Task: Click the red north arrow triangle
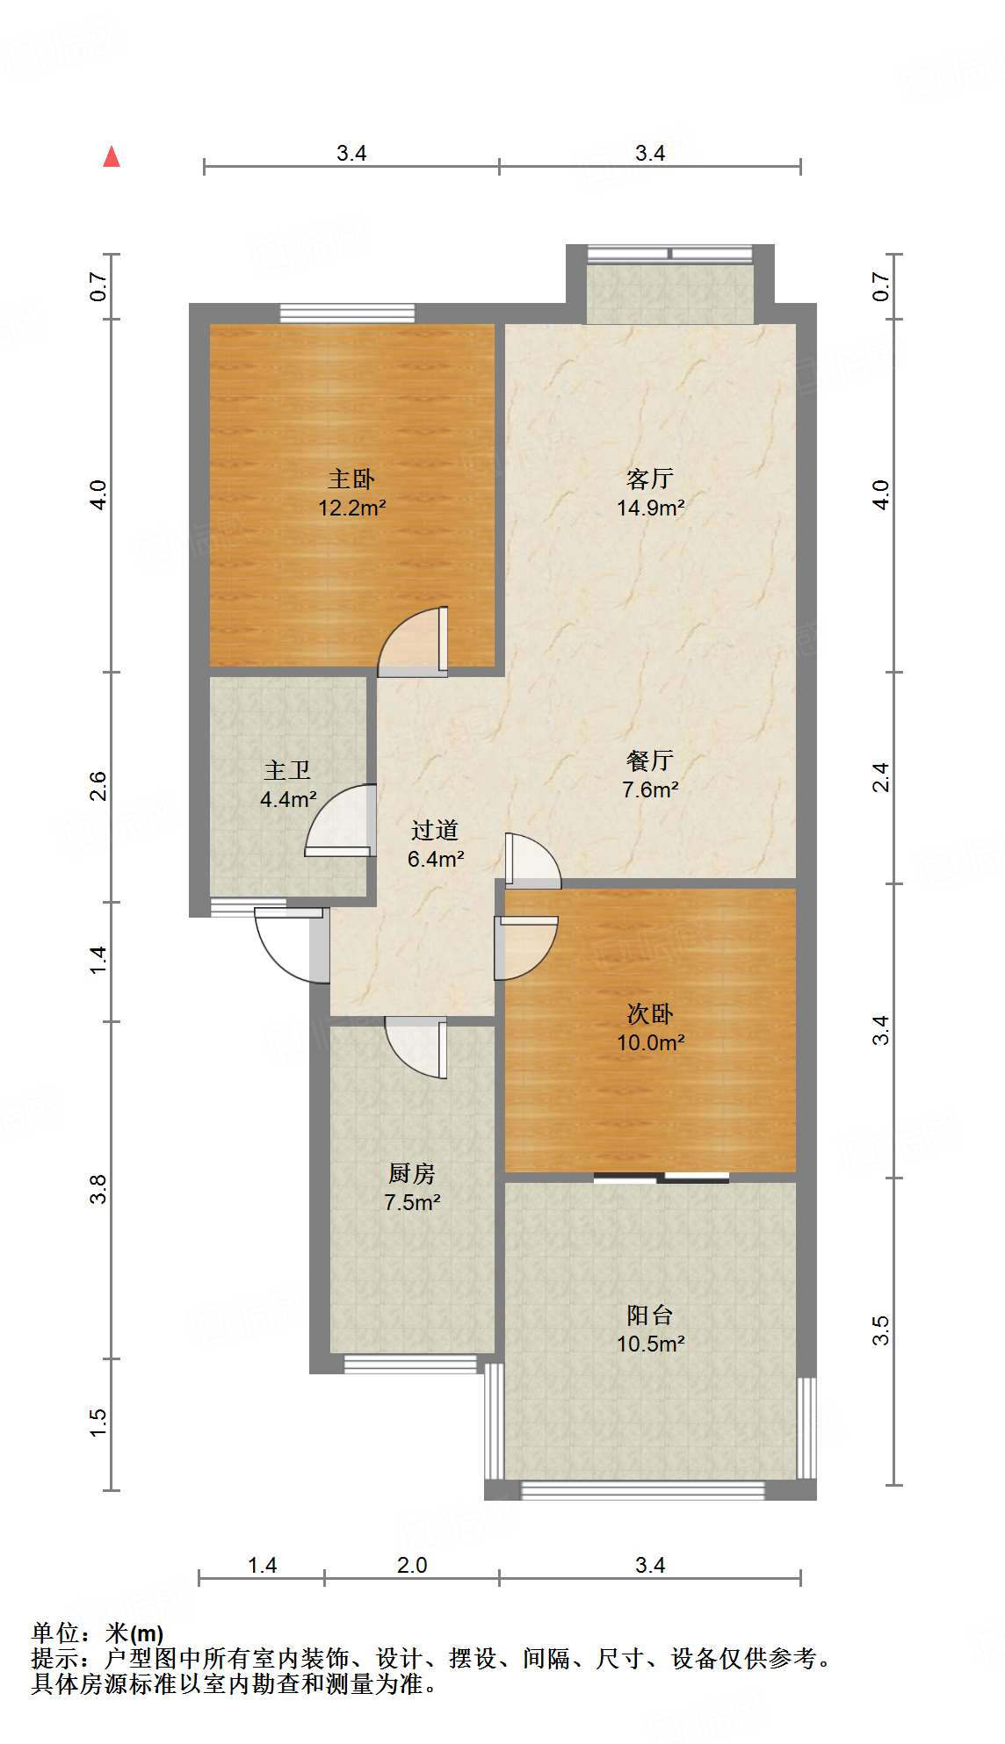point(112,157)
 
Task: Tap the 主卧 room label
point(351,479)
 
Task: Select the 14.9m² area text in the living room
point(650,508)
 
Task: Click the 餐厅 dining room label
point(650,760)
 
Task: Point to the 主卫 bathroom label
point(287,770)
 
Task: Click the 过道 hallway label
point(435,830)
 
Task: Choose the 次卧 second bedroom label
point(650,1013)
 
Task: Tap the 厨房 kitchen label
point(411,1173)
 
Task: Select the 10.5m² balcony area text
point(650,1344)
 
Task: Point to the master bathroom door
point(341,821)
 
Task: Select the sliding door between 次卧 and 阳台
point(661,1178)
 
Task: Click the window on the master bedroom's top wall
point(347,313)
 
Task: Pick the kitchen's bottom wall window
point(409,1364)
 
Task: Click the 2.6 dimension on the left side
point(98,786)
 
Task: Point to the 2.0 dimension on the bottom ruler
point(411,1565)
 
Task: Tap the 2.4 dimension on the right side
point(880,777)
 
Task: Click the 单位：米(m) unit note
point(98,1633)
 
